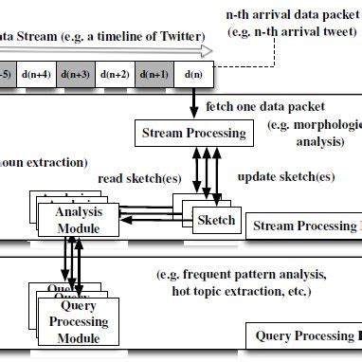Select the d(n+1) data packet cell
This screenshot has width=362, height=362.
pos(154,74)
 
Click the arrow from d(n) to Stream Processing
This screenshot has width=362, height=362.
pos(194,101)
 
